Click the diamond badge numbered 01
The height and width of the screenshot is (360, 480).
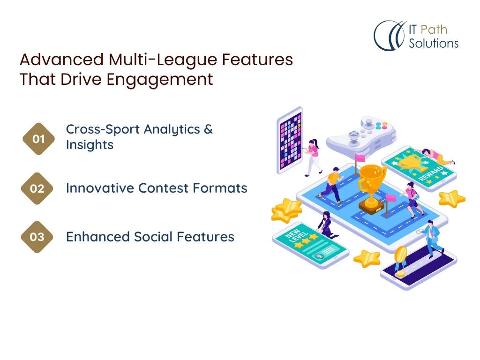[x=38, y=139]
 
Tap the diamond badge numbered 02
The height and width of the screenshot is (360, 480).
[x=37, y=188]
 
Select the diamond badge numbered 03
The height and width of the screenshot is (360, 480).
[x=37, y=237]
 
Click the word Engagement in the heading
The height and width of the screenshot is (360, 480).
[x=159, y=80]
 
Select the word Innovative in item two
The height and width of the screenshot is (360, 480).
[x=100, y=188]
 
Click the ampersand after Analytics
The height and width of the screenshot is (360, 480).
[x=208, y=129]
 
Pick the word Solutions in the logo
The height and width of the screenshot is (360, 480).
[x=434, y=43]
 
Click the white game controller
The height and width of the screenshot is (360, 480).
[x=361, y=135]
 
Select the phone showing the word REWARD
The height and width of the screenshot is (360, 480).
[x=419, y=168]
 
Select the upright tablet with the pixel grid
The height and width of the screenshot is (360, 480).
[x=290, y=141]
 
